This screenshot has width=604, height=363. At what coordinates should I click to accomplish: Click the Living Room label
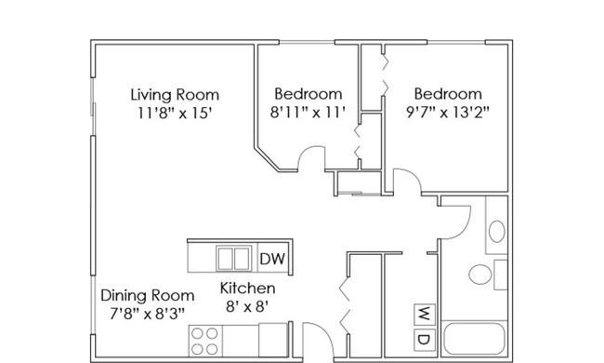click(x=175, y=95)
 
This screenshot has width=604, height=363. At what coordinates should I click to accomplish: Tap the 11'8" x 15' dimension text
click(x=176, y=114)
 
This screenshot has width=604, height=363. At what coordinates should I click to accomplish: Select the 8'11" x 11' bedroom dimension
click(x=308, y=113)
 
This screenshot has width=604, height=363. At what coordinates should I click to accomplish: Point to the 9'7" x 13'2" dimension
click(x=448, y=113)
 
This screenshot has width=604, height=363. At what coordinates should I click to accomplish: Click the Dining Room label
click(x=148, y=296)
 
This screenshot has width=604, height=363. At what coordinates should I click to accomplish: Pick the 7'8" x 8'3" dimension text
click(x=148, y=314)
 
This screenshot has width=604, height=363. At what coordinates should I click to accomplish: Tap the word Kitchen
click(x=247, y=289)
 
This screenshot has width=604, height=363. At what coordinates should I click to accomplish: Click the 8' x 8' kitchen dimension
click(x=247, y=307)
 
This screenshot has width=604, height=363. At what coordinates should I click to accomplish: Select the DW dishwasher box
click(x=272, y=259)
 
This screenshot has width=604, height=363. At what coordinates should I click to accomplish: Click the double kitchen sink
click(x=233, y=259)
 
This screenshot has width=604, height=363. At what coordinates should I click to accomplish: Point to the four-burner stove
click(x=205, y=341)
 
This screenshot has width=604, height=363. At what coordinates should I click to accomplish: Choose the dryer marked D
click(x=425, y=340)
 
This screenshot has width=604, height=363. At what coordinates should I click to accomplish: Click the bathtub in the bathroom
click(x=474, y=338)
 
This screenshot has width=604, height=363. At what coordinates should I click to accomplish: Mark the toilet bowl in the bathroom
click(x=480, y=274)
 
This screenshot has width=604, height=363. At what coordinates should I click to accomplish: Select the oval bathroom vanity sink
click(x=497, y=232)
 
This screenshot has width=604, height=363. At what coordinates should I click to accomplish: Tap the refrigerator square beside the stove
click(x=272, y=341)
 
